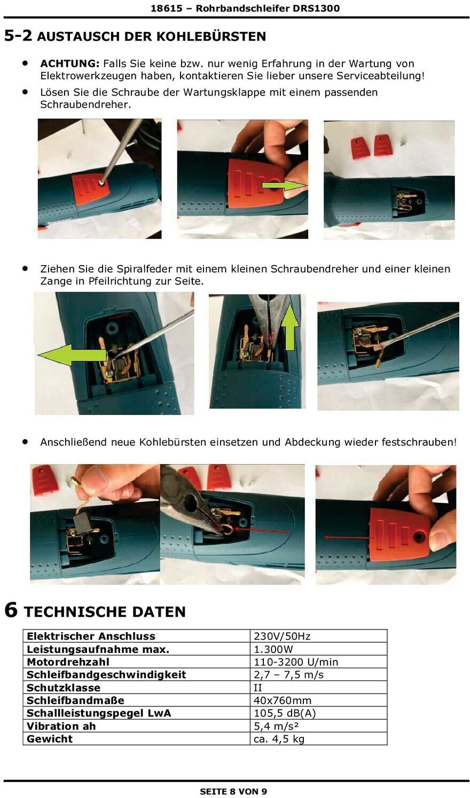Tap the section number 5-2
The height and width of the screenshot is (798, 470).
18,36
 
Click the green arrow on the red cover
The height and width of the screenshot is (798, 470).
284,186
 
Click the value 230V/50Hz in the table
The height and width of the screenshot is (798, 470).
282,636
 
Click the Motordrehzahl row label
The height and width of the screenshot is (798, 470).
68,661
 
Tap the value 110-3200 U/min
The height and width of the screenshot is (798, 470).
296,661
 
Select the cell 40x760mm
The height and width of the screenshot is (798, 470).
283,700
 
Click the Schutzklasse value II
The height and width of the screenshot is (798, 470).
258,687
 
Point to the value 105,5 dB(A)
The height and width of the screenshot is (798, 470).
285,713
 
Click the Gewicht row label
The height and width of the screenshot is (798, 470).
50,738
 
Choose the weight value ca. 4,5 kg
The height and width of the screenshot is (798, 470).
279,739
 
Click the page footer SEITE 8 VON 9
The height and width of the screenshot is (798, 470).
233,791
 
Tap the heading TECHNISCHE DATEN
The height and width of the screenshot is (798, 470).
105,611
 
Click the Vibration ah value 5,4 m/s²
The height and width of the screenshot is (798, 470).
276,725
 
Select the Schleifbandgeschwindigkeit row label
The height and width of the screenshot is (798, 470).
106,674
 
